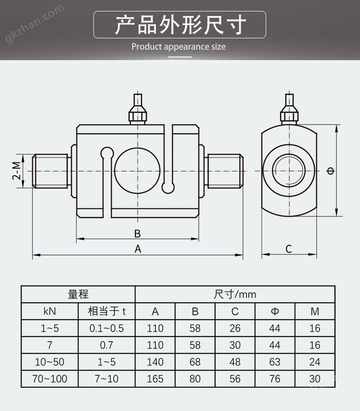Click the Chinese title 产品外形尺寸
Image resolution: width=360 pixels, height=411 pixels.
click(180, 25)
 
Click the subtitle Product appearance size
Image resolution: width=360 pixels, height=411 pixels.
click(179, 47)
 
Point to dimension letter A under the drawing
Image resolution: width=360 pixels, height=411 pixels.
click(138, 249)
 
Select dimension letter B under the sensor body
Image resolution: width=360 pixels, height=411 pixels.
click(137, 234)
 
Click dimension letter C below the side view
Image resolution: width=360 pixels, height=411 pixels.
click(288, 249)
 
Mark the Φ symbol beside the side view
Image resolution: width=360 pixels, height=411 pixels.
click(330, 171)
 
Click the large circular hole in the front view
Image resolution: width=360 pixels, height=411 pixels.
click(137, 171)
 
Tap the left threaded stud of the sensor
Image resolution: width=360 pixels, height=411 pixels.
click(51, 171)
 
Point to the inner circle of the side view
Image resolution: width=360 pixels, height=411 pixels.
click(288, 171)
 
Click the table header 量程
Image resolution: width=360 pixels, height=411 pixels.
click(78, 294)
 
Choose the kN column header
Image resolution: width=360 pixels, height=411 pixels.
click(50, 311)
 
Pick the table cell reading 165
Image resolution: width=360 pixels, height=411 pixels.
click(155, 379)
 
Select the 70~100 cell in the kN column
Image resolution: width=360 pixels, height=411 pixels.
click(50, 379)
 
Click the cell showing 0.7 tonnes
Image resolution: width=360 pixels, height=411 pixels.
click(106, 345)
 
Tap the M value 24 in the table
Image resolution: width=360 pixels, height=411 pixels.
click(314, 362)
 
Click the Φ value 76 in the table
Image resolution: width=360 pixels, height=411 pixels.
click(274, 379)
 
